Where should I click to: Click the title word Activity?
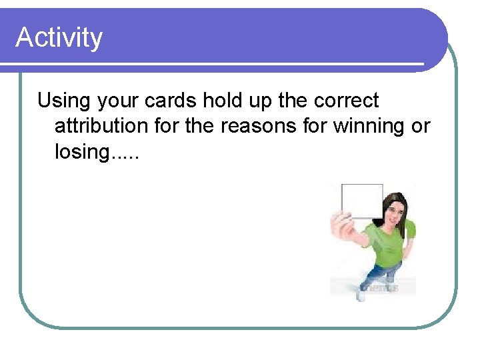tap(59, 37)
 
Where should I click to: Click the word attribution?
tap(103, 126)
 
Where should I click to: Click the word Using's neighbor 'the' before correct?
tap(291, 101)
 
